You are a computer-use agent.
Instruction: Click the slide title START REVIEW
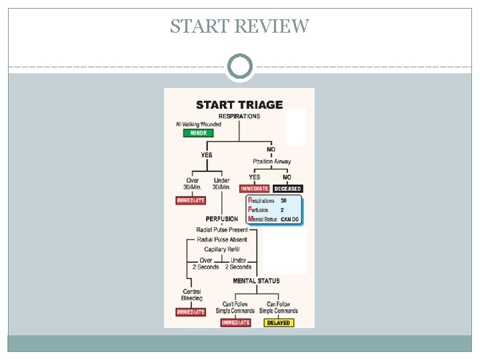[239, 26]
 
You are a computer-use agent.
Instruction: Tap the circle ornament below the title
[240, 67]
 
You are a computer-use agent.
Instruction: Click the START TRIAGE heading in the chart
[239, 105]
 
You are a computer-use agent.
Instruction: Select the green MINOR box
[199, 133]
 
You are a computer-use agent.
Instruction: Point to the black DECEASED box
[287, 189]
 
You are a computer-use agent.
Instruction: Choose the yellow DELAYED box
[278, 323]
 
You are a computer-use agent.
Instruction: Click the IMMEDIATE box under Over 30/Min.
[191, 201]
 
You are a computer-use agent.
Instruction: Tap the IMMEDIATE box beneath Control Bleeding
[191, 312]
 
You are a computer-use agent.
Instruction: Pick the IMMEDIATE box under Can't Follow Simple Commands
[235, 323]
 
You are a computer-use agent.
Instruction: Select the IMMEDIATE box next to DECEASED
[254, 189]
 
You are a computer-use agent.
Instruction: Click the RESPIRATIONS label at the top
[239, 116]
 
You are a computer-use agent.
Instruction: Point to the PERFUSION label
[221, 219]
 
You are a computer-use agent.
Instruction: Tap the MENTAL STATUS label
[256, 281]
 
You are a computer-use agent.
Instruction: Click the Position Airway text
[271, 161]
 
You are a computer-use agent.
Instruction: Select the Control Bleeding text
[192, 295]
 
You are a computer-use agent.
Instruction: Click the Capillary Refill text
[221, 249]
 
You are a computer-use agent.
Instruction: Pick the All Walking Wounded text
[199, 124]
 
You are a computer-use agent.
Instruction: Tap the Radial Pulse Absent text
[222, 239]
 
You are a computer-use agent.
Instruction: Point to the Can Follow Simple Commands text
[278, 307]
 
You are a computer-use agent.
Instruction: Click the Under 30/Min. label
[221, 183]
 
